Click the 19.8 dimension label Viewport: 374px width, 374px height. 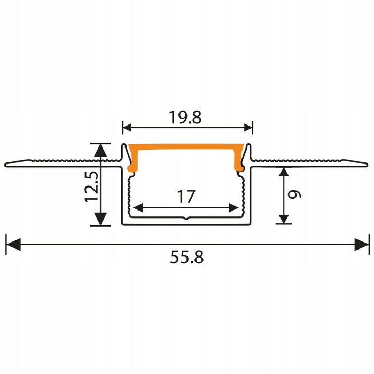point(186,118)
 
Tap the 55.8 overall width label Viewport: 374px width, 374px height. point(187,258)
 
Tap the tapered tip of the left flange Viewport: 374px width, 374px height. point(7,163)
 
